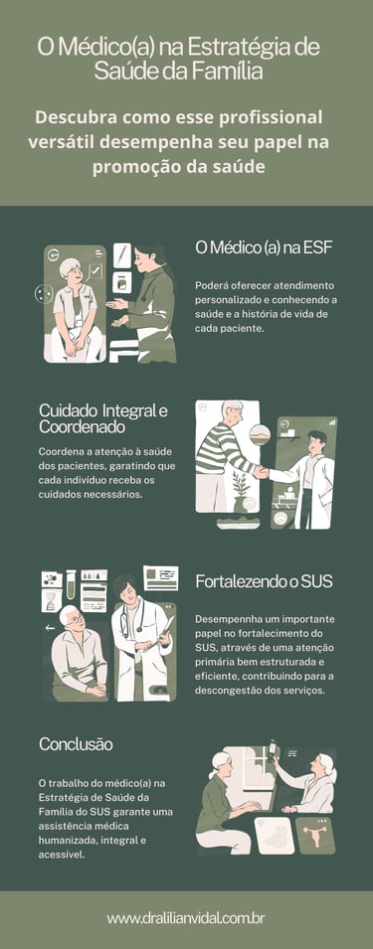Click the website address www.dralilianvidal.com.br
186,919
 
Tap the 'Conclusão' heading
76,743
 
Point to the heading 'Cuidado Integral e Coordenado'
103,418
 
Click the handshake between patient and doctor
261,471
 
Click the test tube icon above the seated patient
71,583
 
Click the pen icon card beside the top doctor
122,253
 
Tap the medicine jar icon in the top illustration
121,282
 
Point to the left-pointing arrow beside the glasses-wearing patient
49,628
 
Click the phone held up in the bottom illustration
271,747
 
